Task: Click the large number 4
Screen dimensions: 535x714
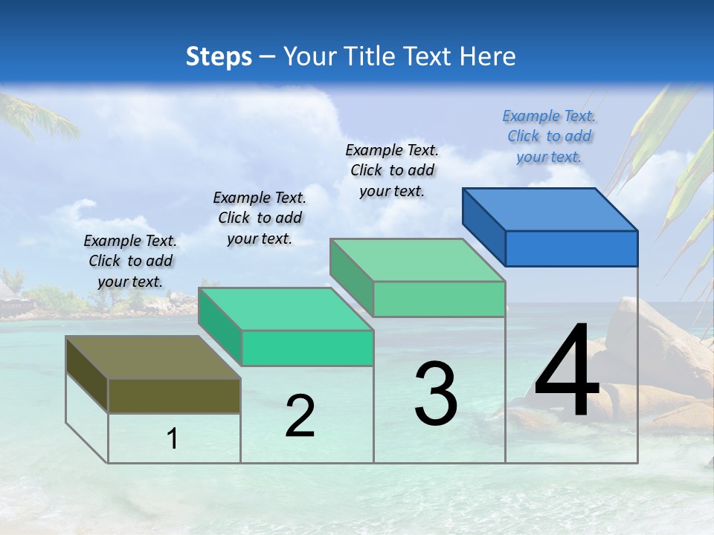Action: click(x=567, y=372)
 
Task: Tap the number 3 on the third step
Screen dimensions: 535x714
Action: click(x=436, y=393)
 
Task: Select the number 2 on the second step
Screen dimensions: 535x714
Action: click(x=300, y=416)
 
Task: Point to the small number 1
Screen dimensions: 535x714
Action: click(x=173, y=439)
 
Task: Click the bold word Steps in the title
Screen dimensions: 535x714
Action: click(x=219, y=56)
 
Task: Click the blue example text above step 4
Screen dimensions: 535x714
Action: click(x=549, y=136)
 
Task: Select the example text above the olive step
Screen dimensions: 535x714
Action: click(x=130, y=261)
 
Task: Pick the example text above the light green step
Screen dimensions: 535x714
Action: click(x=392, y=170)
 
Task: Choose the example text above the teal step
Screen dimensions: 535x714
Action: click(x=260, y=218)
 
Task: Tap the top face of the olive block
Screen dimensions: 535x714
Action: click(x=152, y=357)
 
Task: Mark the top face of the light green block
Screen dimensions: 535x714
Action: click(x=417, y=260)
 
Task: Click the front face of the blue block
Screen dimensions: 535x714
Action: click(x=571, y=248)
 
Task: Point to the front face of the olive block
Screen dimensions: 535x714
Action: click(x=174, y=395)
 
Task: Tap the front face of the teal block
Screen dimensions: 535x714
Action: click(x=307, y=348)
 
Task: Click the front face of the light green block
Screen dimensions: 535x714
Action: click(x=439, y=299)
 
